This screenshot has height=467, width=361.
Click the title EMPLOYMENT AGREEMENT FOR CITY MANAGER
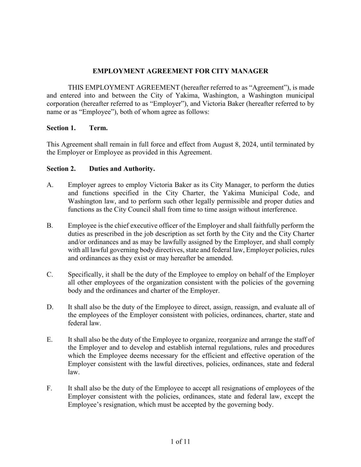(x=180, y=71)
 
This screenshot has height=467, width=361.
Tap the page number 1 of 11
(x=180, y=442)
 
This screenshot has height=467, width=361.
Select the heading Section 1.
(x=61, y=128)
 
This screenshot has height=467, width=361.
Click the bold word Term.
(x=98, y=128)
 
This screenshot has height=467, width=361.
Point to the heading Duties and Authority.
(x=122, y=169)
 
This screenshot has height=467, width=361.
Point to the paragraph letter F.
(x=49, y=388)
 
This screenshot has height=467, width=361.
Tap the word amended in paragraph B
(x=221, y=258)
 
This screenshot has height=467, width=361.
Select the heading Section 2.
(x=61, y=169)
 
